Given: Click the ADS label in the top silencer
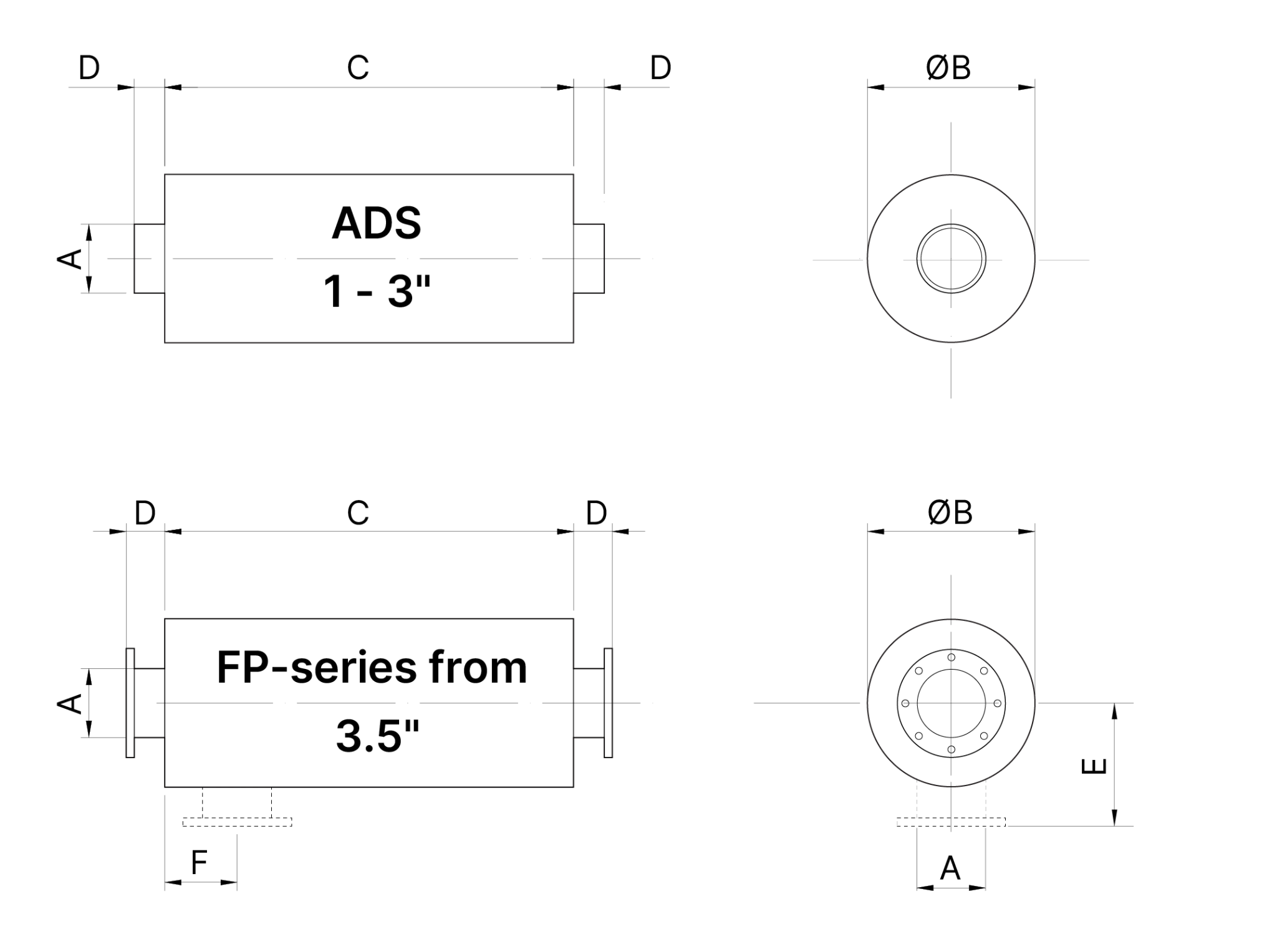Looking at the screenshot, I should point(376,223).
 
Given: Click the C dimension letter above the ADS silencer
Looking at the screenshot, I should point(358,67).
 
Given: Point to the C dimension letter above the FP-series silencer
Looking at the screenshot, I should point(358,512).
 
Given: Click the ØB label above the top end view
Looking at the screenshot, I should point(948,67).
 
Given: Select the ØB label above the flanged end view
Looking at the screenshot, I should point(950,512).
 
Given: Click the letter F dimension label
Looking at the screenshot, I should point(199,863).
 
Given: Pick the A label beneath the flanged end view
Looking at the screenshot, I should point(950,868).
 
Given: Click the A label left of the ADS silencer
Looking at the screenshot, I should point(70,258).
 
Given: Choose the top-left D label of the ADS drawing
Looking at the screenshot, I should point(89,67).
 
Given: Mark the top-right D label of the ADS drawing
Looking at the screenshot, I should point(660,67).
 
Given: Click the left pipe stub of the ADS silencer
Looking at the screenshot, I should point(150,258).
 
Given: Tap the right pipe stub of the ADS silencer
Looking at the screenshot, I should point(589,258).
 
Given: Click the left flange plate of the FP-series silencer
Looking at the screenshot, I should point(130,703).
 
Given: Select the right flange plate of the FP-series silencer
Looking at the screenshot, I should point(608,703).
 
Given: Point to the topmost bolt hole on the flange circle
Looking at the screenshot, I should point(951,657).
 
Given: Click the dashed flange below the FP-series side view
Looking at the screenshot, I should point(237,822).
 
